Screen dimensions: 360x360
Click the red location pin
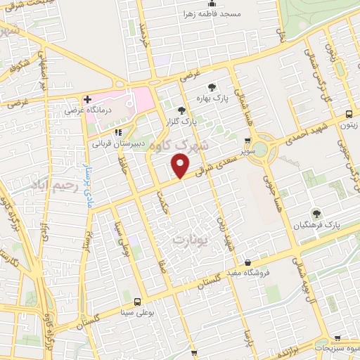181,166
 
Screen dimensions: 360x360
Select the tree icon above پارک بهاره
212,86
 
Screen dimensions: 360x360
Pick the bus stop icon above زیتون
349,114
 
